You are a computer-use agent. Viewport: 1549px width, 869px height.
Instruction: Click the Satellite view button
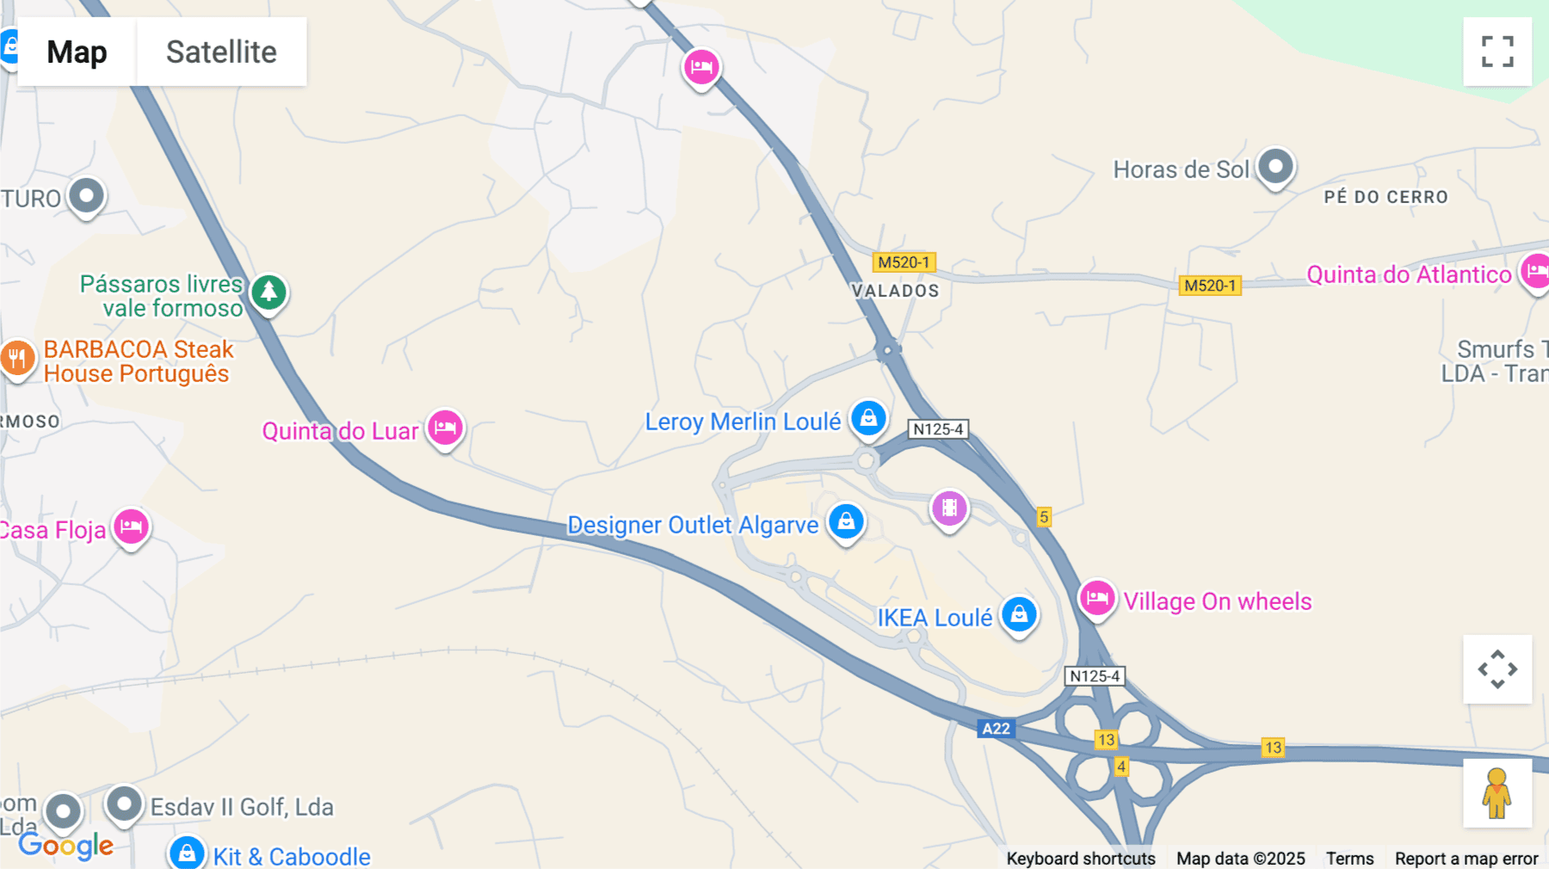(x=221, y=52)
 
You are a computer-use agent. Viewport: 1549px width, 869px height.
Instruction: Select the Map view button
(x=77, y=52)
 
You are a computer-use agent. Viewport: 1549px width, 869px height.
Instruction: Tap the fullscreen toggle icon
(x=1497, y=52)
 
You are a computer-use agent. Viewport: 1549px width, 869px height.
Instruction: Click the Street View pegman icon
(x=1497, y=793)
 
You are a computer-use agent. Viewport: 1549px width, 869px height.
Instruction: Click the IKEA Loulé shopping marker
(x=1019, y=614)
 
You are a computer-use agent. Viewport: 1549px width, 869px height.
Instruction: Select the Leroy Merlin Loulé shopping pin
(x=868, y=418)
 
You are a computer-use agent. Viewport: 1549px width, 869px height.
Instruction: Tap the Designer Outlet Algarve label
(x=693, y=525)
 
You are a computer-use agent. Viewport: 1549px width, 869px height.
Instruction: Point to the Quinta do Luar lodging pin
(x=445, y=427)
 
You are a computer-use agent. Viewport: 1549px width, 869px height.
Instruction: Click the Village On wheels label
(x=1217, y=601)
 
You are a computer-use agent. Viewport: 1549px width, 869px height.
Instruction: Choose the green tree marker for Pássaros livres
(x=268, y=292)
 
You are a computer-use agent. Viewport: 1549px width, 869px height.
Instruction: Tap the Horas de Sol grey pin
(x=1275, y=166)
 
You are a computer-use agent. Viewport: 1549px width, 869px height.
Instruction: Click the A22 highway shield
(x=997, y=729)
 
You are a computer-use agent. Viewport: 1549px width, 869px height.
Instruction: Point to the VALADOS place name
(x=895, y=291)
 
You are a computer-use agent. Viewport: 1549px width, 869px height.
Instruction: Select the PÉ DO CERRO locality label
(x=1385, y=197)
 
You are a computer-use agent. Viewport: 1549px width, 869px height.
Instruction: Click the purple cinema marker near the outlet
(x=949, y=508)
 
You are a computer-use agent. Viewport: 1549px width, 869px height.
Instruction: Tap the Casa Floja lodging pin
(x=131, y=526)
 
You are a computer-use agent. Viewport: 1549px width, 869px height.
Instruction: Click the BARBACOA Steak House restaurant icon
(x=17, y=358)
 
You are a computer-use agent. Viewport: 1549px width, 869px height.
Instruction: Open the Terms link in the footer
(x=1349, y=859)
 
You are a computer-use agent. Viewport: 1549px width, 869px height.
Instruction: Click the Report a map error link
(x=1466, y=859)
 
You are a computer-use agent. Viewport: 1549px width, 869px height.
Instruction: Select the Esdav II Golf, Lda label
(x=242, y=807)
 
